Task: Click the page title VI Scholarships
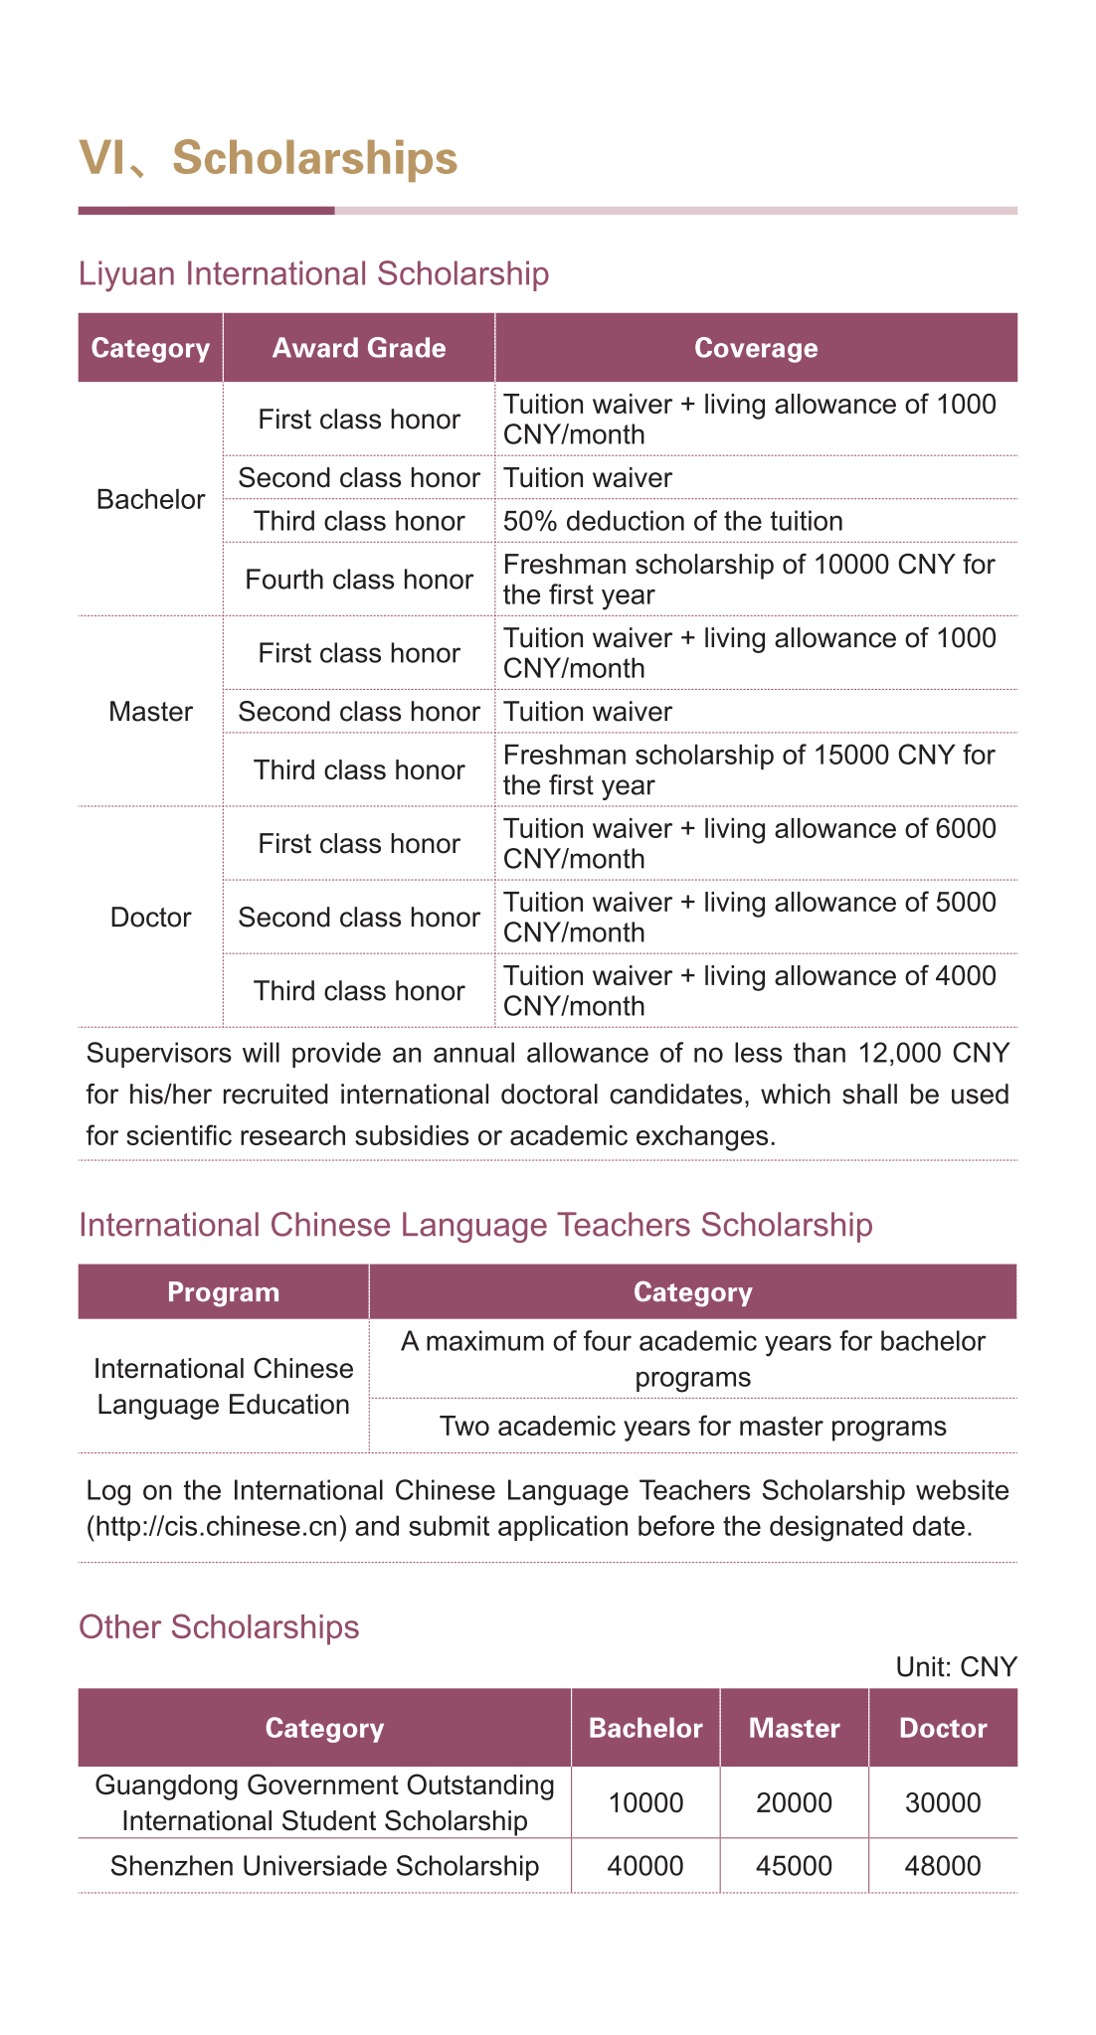click(x=269, y=159)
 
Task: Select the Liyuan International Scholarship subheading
click(x=313, y=273)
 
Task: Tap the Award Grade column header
click(x=359, y=348)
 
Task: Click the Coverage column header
click(x=756, y=348)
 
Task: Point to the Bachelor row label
click(x=150, y=499)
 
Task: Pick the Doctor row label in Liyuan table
click(x=150, y=917)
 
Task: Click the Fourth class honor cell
click(x=359, y=580)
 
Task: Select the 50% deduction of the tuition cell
click(x=673, y=521)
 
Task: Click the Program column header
click(x=224, y=1292)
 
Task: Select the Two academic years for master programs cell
click(x=693, y=1427)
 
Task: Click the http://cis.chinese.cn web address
click(x=217, y=1526)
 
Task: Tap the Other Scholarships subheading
click(x=219, y=1627)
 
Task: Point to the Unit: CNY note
click(x=956, y=1667)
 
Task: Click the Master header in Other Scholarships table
click(x=794, y=1728)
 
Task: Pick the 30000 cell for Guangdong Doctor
click(x=943, y=1802)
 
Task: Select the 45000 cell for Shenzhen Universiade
click(x=794, y=1866)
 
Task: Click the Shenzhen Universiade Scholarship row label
click(x=324, y=1866)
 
